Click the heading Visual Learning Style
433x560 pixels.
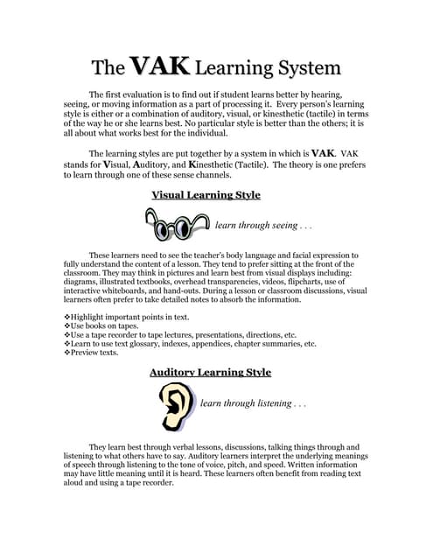(206, 195)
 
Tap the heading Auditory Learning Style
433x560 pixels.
(210, 373)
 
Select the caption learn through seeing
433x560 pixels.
(263, 226)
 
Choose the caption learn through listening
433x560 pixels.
(253, 404)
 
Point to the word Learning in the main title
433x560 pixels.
(229, 68)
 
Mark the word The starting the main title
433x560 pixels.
(108, 68)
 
